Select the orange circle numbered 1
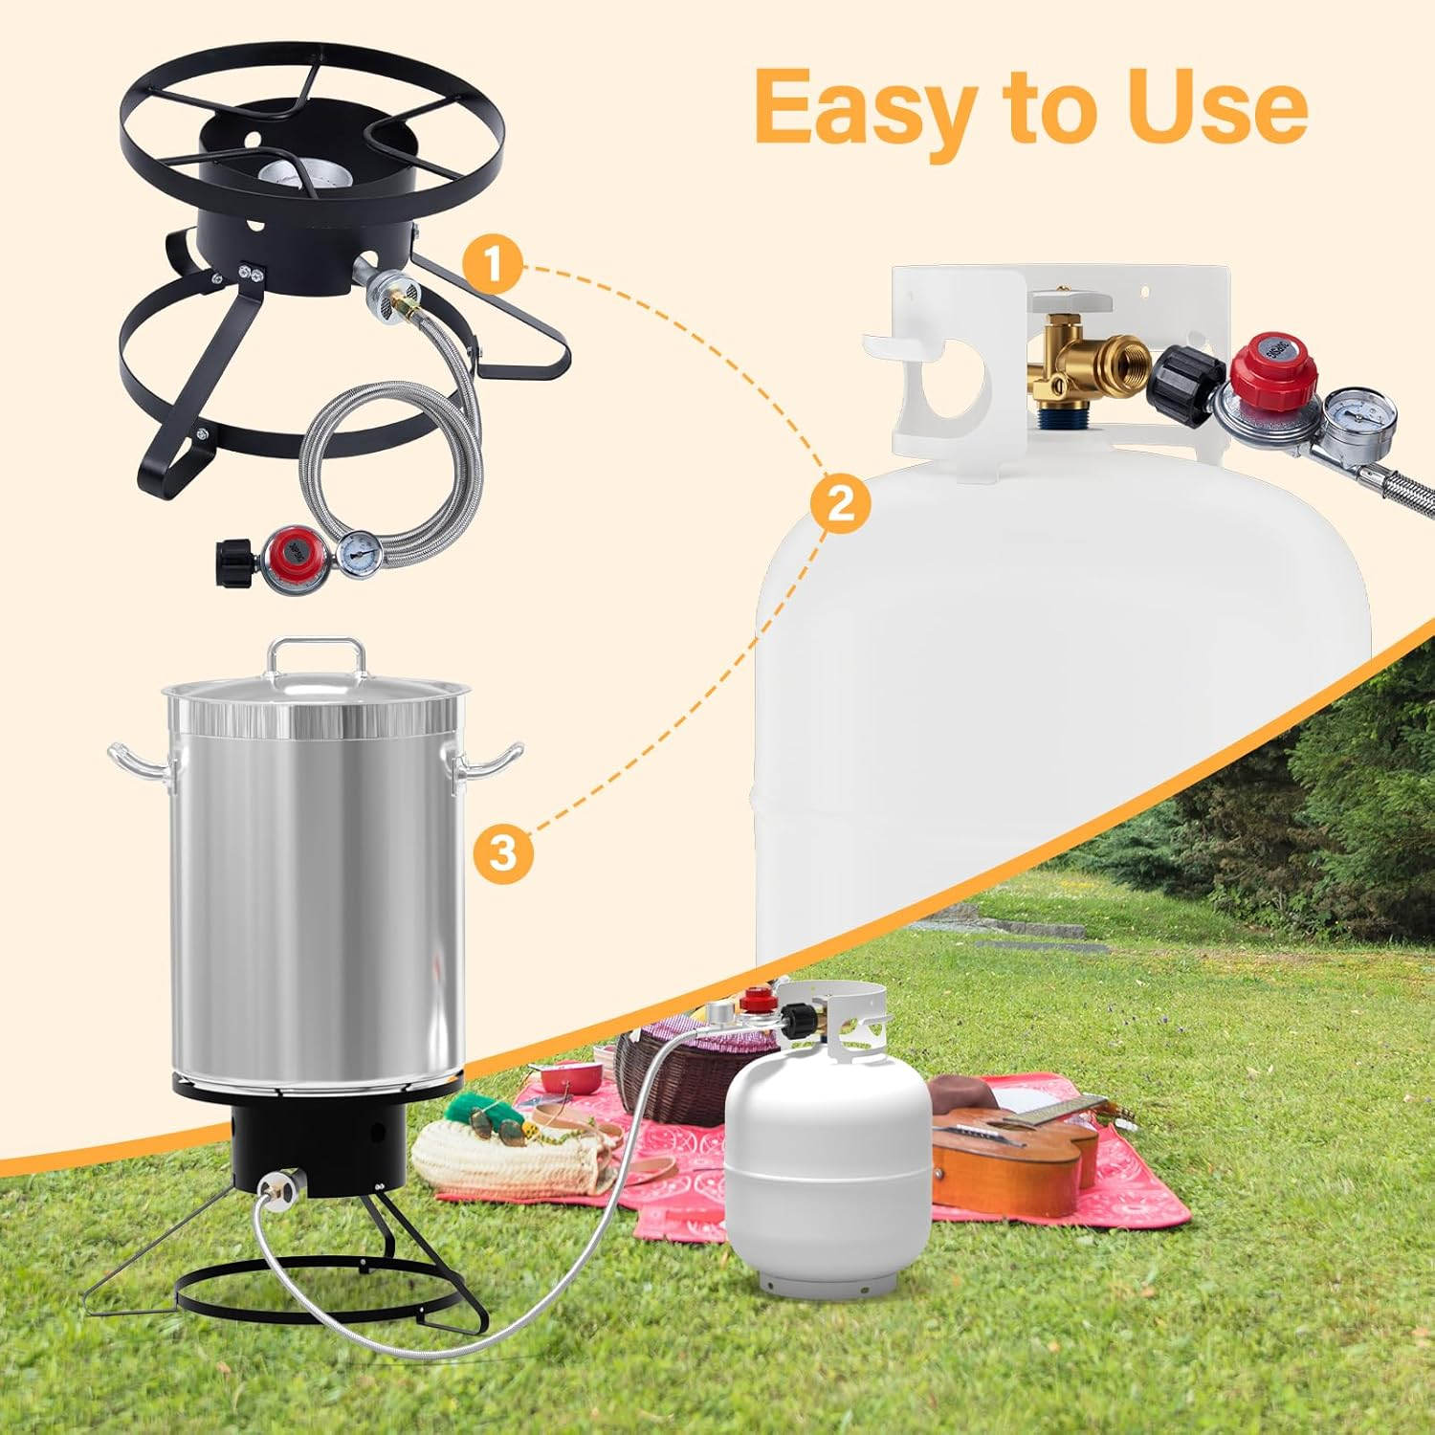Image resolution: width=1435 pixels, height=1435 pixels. click(x=493, y=265)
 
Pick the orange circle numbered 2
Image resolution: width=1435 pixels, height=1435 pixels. click(x=840, y=503)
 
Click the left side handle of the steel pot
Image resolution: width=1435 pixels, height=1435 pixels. click(x=137, y=760)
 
